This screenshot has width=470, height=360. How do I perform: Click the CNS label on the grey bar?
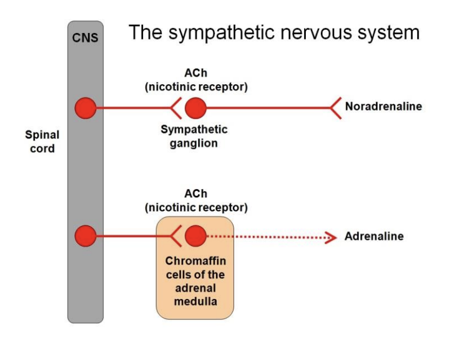click(x=85, y=39)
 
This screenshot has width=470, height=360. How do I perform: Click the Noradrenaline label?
click(x=383, y=106)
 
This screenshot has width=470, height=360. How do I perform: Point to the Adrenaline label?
click(x=374, y=237)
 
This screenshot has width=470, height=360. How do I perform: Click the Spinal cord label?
click(x=42, y=141)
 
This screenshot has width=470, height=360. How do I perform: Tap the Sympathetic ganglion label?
click(x=194, y=137)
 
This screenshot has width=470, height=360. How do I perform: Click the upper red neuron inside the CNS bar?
click(x=85, y=108)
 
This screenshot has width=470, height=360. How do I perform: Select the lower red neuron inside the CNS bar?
click(x=85, y=236)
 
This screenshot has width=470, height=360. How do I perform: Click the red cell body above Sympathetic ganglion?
click(x=195, y=108)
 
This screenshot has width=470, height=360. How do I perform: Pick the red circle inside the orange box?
click(x=195, y=236)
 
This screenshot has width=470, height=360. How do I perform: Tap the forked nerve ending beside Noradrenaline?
click(x=335, y=108)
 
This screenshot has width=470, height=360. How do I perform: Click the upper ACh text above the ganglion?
click(x=196, y=74)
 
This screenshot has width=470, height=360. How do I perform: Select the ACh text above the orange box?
click(x=196, y=194)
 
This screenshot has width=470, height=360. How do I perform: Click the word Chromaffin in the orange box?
click(x=195, y=261)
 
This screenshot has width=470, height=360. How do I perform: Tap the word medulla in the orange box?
click(x=195, y=301)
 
